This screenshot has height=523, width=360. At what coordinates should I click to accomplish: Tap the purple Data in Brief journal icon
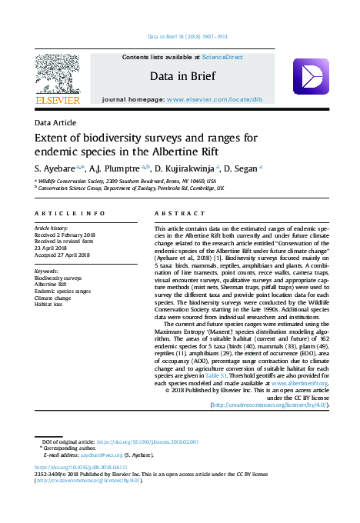tap(310, 76)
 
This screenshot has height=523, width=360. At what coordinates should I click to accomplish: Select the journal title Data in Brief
tap(182, 76)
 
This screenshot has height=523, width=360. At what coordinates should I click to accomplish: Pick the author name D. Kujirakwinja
tap(183, 167)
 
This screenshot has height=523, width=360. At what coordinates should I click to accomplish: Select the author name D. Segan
tap(241, 167)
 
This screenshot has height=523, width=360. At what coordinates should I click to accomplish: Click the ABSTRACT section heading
tap(180, 212)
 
